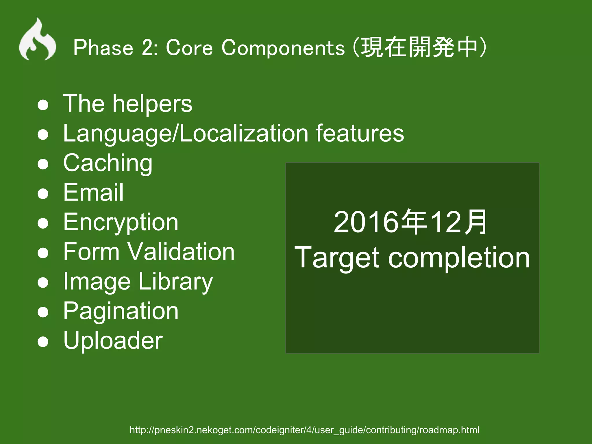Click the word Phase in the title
point(103,48)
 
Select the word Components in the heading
point(283,48)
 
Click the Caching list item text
point(108,164)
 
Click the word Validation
point(181,251)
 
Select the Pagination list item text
point(121,312)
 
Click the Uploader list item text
point(113,341)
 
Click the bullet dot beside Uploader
point(43,341)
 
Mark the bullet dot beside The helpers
point(43,105)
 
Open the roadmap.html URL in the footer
point(304,430)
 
